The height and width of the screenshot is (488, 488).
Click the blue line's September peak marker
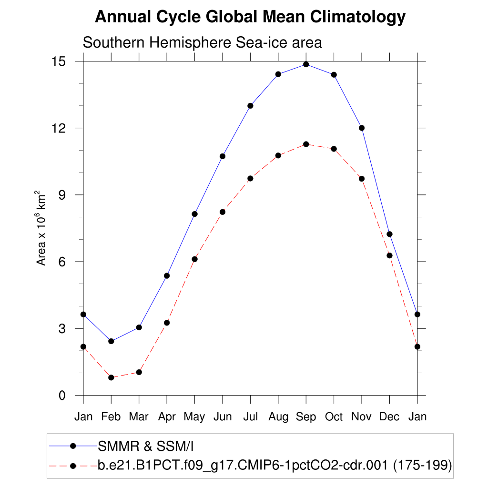click(306, 64)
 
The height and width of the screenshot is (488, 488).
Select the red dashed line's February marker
click(111, 377)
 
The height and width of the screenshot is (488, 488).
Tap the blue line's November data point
click(362, 128)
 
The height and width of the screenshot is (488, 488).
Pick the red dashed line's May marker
click(194, 259)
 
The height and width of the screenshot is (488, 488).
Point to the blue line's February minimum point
click(111, 341)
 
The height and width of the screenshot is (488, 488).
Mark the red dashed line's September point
click(306, 144)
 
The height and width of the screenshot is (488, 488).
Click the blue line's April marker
click(167, 275)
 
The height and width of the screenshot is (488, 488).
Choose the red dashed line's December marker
click(389, 255)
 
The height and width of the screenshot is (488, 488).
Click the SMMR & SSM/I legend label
click(146, 446)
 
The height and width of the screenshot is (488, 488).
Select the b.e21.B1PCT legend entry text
click(274, 465)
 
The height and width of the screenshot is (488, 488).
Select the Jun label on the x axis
click(223, 417)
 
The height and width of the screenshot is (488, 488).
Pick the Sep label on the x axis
click(306, 417)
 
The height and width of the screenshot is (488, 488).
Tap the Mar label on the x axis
click(139, 417)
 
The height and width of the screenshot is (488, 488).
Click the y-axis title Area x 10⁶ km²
click(41, 228)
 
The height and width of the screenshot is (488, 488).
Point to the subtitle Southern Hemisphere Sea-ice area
click(203, 42)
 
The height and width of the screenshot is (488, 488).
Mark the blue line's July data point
click(250, 106)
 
